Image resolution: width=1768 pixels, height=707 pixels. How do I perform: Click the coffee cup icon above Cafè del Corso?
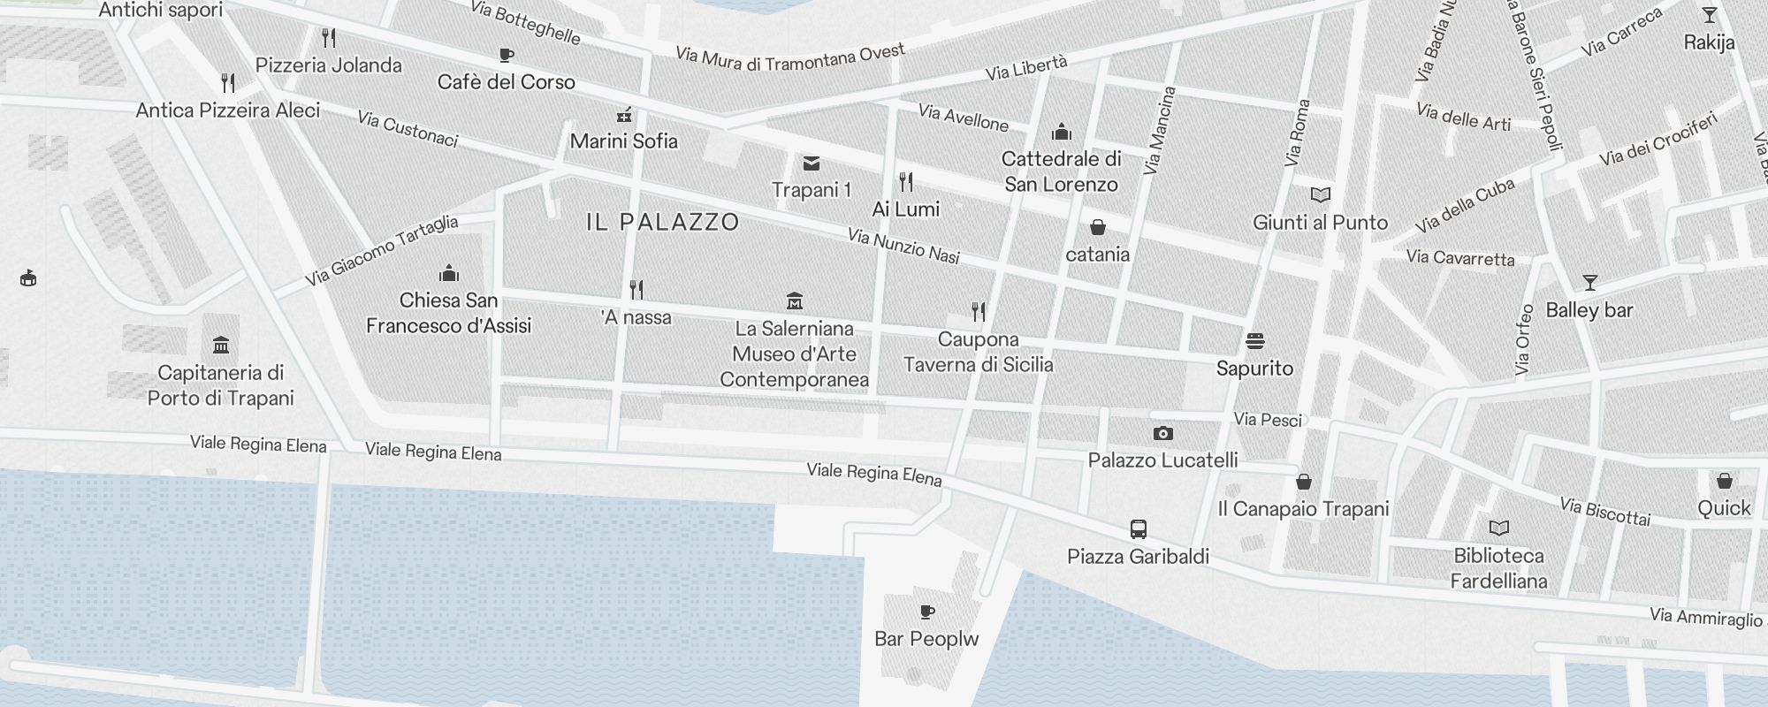click(507, 56)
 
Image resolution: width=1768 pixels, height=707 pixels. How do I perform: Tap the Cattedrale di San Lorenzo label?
click(1061, 171)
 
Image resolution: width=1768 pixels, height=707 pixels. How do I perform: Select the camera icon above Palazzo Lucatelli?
click(1163, 433)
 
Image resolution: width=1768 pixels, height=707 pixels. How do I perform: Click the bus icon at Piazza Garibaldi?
click(1139, 529)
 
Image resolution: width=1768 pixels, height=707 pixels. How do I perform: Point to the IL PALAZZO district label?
click(662, 222)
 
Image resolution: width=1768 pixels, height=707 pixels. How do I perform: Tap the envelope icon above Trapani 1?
click(811, 163)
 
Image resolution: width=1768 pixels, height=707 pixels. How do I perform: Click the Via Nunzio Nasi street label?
click(903, 247)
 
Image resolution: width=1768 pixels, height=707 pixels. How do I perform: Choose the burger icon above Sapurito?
click(1254, 341)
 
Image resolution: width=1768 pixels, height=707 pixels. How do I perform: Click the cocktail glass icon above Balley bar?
click(1589, 283)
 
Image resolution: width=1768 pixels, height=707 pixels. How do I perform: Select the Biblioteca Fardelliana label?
click(1498, 568)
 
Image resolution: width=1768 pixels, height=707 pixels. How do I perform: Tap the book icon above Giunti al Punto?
click(1321, 195)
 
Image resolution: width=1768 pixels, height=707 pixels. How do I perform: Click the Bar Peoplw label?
click(926, 639)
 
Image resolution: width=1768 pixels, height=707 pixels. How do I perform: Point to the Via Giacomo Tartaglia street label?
click(382, 250)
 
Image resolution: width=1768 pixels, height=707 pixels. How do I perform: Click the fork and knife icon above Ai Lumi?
click(906, 182)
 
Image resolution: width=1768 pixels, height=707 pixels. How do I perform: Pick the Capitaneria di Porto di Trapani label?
click(220, 385)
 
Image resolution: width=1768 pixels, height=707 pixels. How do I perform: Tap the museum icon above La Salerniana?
click(794, 301)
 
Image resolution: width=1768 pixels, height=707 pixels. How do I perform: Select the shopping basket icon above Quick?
click(1724, 482)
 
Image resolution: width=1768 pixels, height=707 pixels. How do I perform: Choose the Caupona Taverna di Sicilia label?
click(978, 352)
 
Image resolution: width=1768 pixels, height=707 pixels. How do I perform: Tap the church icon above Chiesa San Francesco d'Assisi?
click(449, 273)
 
